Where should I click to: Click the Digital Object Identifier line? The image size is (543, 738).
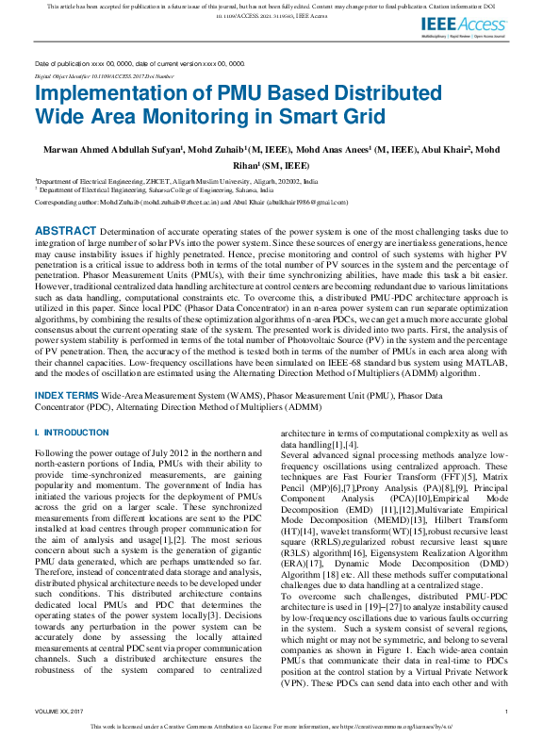[104, 75]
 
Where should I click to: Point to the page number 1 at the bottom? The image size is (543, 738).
[506, 712]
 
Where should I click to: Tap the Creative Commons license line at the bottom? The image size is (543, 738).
[271, 729]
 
